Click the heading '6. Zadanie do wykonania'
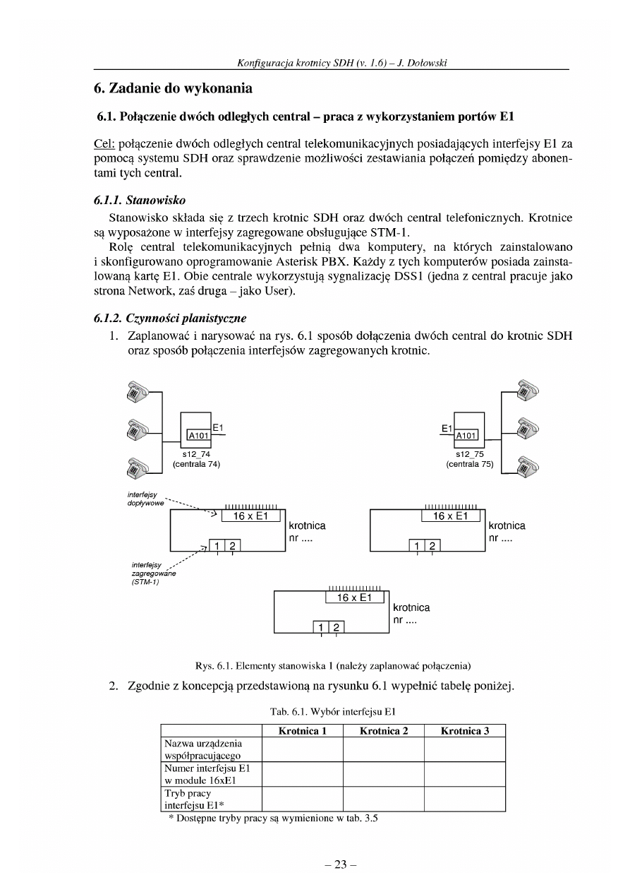tap(173, 90)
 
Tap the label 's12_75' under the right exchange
tap(468, 454)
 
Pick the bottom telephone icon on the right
tap(526, 466)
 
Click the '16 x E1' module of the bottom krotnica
tap(354, 598)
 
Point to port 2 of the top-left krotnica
tap(232, 545)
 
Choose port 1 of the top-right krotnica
tap(418, 545)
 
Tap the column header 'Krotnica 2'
tap(383, 731)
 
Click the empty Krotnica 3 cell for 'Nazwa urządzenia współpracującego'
tap(464, 749)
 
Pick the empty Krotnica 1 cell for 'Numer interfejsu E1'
tap(302, 773)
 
